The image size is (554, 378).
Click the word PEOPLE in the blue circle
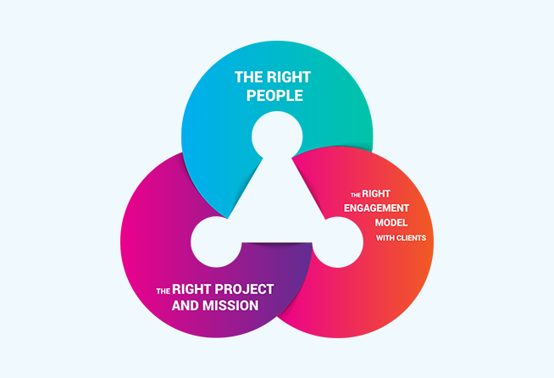(x=274, y=96)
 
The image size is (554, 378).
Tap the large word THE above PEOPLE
(x=248, y=77)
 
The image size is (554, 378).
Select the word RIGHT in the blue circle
(x=289, y=77)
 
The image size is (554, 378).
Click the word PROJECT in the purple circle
(x=245, y=289)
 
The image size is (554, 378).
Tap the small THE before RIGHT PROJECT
(x=163, y=292)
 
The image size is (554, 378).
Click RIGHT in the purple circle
(x=191, y=289)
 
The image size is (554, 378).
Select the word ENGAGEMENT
(x=377, y=208)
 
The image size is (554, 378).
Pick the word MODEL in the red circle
(x=391, y=223)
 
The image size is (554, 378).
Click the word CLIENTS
(x=411, y=238)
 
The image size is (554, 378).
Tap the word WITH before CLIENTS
(x=385, y=238)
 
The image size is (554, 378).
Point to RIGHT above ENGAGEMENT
(x=376, y=194)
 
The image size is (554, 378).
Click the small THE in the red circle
(x=356, y=195)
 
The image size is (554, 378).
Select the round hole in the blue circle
(x=277, y=136)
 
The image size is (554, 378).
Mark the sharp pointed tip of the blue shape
(x=228, y=218)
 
